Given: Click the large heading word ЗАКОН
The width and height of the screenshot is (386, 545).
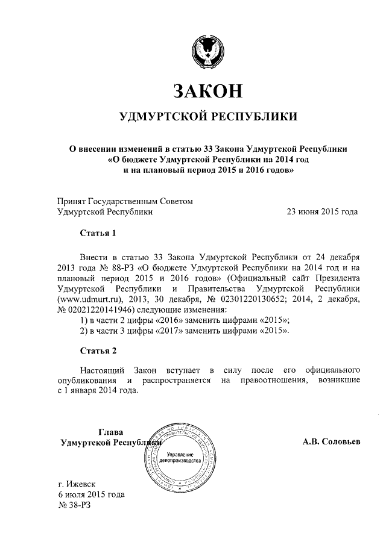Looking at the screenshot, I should pyautogui.click(x=207, y=90).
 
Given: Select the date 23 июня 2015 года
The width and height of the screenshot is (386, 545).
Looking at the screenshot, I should pyautogui.click(x=321, y=211).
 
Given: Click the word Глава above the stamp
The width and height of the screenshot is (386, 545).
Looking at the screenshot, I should pyautogui.click(x=110, y=432).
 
